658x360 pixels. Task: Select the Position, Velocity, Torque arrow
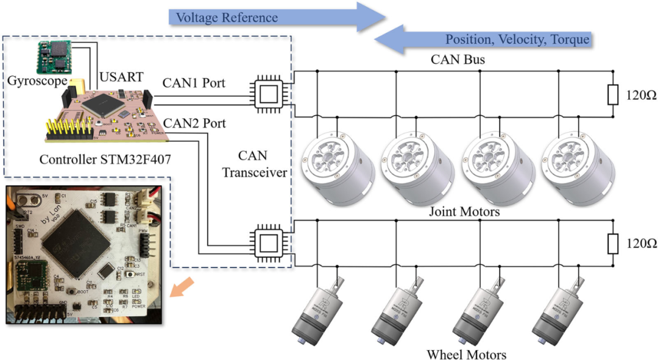coord(484,40)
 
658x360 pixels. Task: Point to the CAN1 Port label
coord(194,83)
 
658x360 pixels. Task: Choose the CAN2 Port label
coord(194,124)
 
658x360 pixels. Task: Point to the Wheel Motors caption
coord(466,353)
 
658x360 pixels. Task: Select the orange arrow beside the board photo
coord(183,286)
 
